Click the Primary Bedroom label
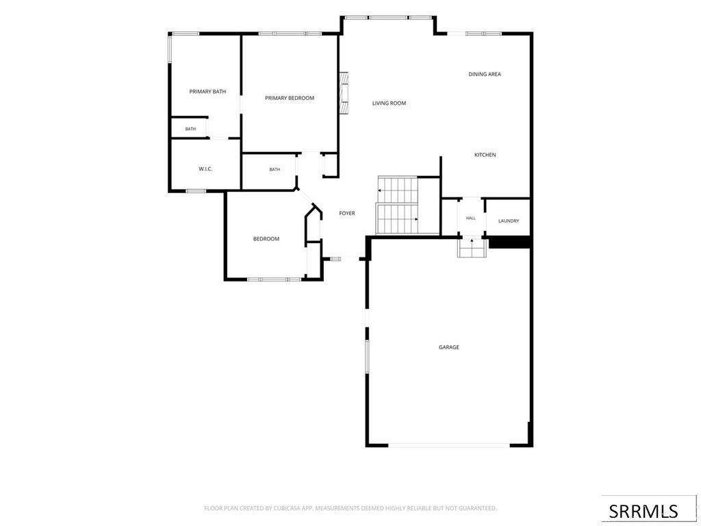[290, 98]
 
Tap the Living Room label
[389, 103]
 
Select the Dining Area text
[485, 74]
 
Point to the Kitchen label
[485, 155]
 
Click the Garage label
[449, 347]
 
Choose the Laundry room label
[509, 221]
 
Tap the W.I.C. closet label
[205, 169]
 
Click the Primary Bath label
[207, 92]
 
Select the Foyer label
[347, 214]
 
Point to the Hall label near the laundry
[471, 218]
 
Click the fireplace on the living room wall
[344, 92]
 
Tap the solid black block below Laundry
[509, 242]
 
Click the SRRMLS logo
[643, 511]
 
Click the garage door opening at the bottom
[449, 445]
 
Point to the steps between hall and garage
[472, 247]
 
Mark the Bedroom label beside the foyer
[266, 239]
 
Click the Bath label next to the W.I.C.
[275, 170]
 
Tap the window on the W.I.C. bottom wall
[196, 191]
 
